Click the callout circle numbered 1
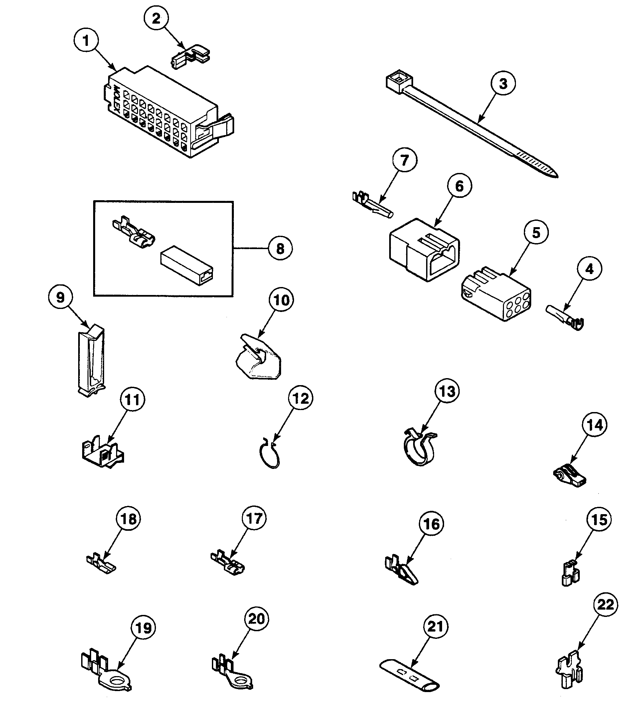click(86, 41)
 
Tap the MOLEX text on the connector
click(117, 100)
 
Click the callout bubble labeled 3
click(503, 83)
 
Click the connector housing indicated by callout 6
click(424, 250)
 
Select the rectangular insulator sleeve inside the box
click(187, 265)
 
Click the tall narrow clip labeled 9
click(91, 361)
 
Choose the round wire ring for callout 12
click(269, 454)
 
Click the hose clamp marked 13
click(419, 447)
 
